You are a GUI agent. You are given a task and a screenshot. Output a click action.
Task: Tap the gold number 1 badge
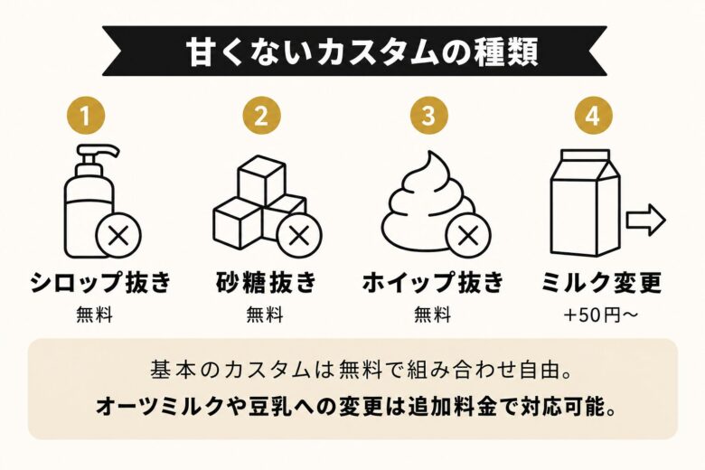87,116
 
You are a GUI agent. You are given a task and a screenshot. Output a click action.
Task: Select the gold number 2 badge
261,116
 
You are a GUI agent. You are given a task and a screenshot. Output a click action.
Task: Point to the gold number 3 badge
428,116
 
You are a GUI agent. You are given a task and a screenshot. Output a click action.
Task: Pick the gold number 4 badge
597,116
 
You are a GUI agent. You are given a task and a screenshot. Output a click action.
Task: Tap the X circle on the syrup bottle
118,237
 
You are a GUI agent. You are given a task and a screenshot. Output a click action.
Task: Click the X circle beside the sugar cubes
299,237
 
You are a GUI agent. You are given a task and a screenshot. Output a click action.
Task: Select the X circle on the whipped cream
467,237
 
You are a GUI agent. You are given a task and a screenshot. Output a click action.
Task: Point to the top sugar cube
261,179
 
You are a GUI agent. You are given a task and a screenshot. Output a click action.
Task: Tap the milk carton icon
585,202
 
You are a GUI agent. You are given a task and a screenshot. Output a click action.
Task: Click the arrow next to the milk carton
646,219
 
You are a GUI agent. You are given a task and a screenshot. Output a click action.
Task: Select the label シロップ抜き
100,282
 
